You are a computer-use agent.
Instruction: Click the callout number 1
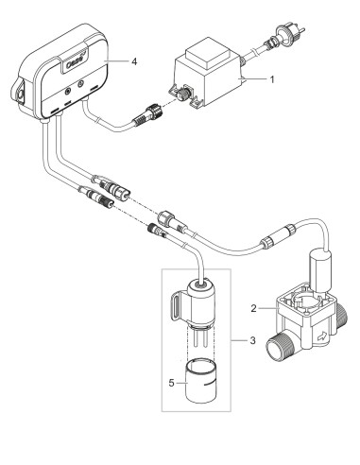point(271,79)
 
